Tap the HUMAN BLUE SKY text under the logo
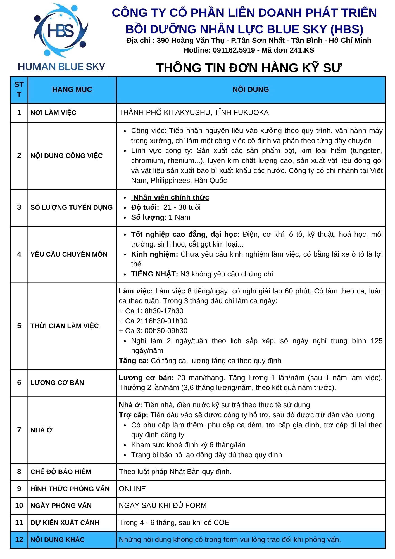pos(61,67)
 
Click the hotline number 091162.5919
pos(234,50)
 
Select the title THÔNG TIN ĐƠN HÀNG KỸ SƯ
pos(249,68)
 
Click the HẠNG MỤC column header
pos(72,90)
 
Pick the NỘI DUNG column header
pos(251,90)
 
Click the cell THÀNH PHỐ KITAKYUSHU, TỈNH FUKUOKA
pos(194,113)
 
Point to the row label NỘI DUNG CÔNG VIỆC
pos(66,156)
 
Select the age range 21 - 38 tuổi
pos(182,207)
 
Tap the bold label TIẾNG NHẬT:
pos(154,274)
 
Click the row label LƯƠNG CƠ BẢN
pos(57,383)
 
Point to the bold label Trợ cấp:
pos(133,415)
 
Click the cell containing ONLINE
pos(132,489)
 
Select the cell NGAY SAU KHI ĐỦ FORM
pos(163,505)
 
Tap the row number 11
pos(19,522)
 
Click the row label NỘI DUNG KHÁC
pos(57,539)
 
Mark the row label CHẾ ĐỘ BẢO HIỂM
pos(61,472)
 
